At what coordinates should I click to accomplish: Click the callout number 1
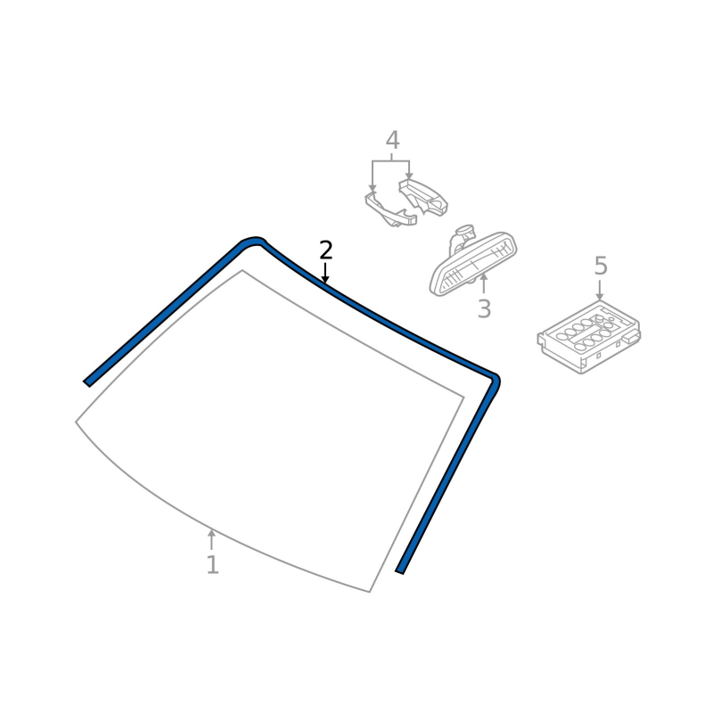(212, 564)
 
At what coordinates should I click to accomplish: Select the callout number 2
(326, 250)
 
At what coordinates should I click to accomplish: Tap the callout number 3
(484, 308)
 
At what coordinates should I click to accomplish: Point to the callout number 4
(392, 140)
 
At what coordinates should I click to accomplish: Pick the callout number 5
(601, 266)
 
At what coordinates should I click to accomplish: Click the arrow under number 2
(324, 273)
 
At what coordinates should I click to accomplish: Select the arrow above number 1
(211, 539)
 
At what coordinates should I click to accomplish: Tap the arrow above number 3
(484, 283)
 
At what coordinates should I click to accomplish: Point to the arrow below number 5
(599, 291)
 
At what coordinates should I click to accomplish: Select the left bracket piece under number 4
(390, 210)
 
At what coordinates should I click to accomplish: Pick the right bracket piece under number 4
(423, 197)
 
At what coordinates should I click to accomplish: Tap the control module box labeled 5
(589, 338)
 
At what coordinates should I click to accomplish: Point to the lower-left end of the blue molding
(86, 383)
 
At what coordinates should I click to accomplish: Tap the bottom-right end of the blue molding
(399, 571)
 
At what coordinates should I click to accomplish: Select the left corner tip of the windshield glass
(76, 422)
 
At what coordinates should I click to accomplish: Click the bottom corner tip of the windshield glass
(369, 592)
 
